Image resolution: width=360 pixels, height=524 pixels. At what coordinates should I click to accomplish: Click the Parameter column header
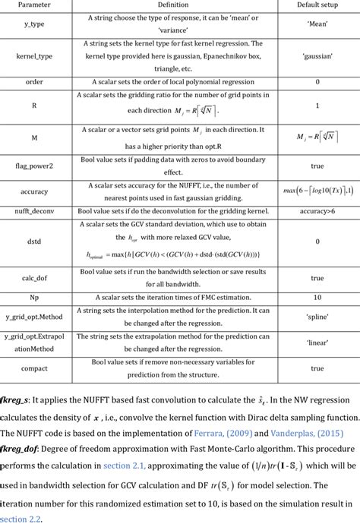pyautogui.click(x=33, y=5)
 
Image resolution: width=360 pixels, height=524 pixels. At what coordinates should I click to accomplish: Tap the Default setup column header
pyautogui.click(x=317, y=5)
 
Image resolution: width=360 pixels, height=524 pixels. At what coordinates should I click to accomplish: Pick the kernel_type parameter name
pyautogui.click(x=33, y=56)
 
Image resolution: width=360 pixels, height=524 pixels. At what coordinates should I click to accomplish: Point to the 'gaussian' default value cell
pyautogui.click(x=317, y=56)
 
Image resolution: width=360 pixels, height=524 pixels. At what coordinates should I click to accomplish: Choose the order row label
pyautogui.click(x=33, y=80)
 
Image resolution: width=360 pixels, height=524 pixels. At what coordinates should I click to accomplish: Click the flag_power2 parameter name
pyautogui.click(x=33, y=164)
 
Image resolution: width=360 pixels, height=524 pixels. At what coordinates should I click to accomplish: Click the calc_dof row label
pyautogui.click(x=33, y=278)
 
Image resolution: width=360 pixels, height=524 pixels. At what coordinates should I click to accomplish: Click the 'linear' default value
pyautogui.click(x=317, y=343)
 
